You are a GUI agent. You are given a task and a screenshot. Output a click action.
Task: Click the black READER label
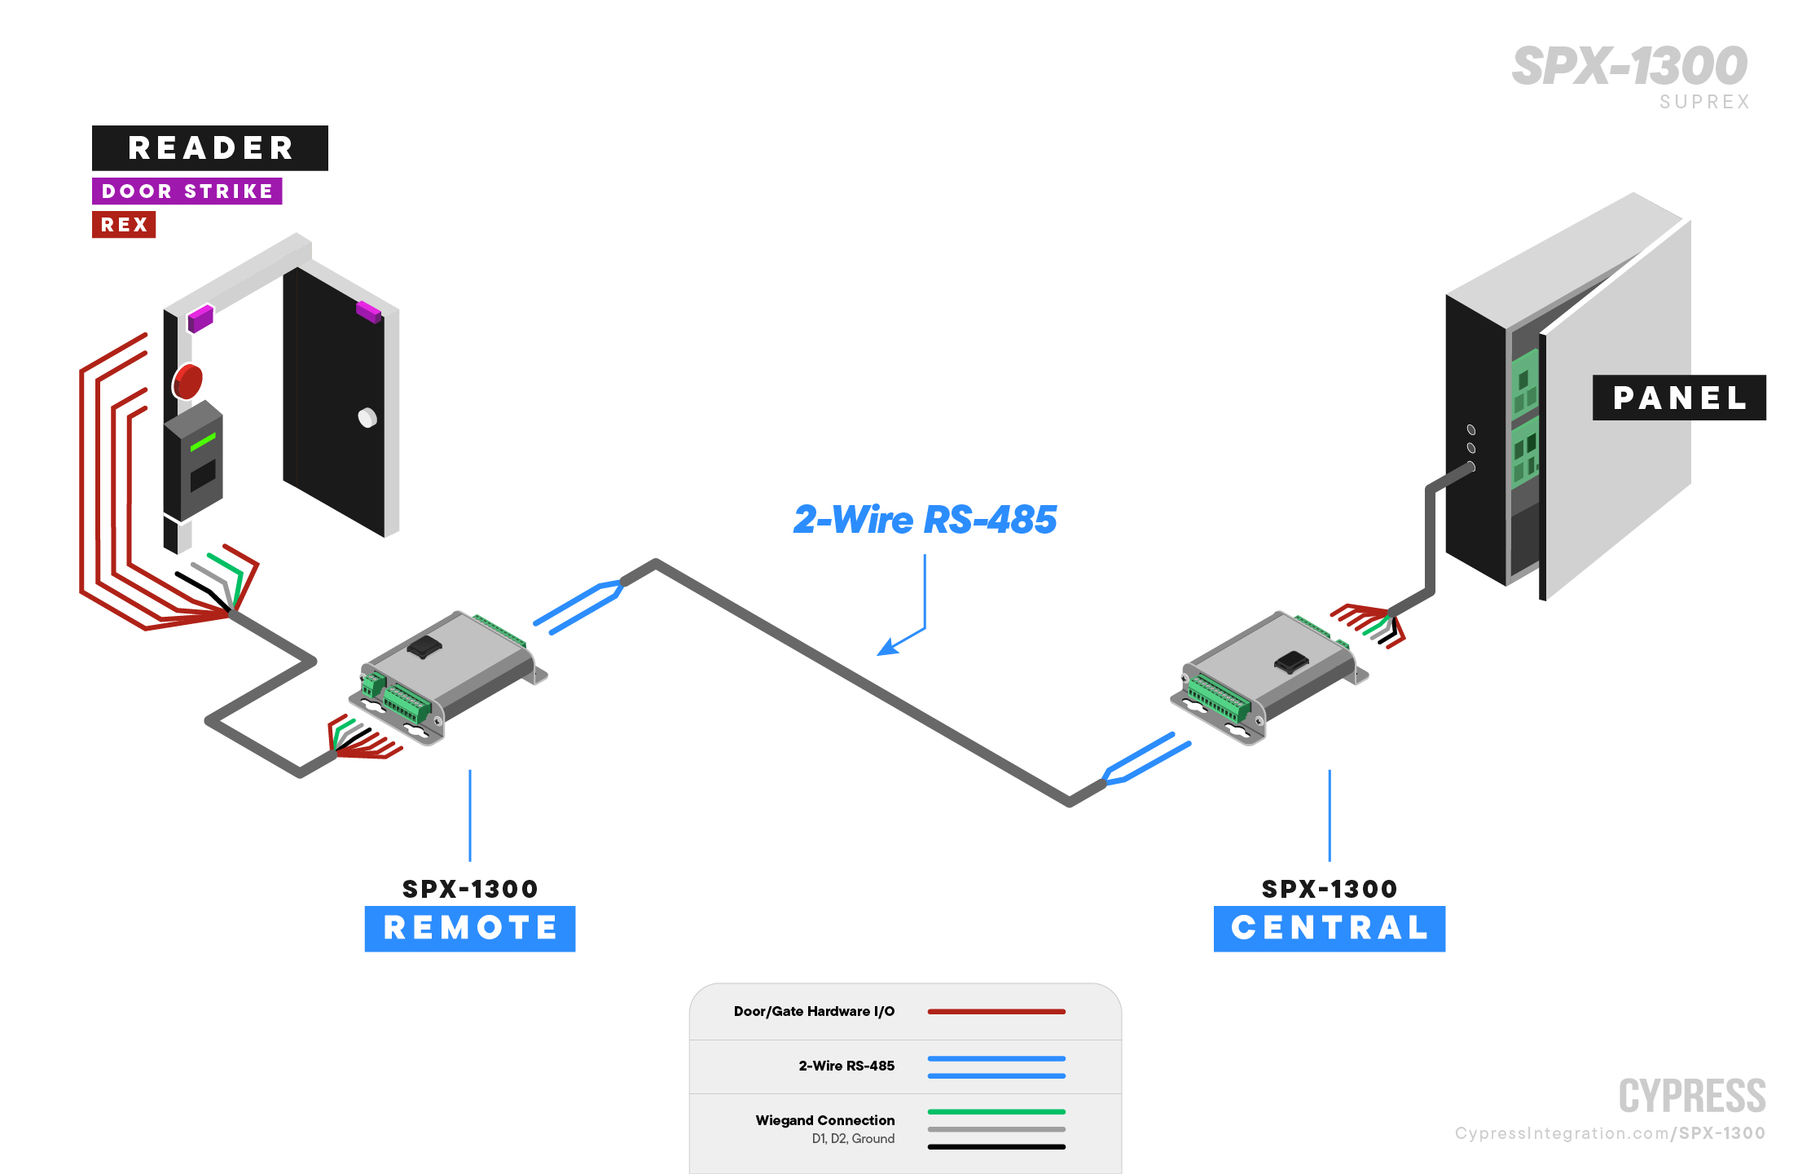[x=210, y=148]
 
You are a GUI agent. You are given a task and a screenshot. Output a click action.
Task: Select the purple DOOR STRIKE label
[x=187, y=191]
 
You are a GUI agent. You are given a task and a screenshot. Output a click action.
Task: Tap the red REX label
[x=124, y=225]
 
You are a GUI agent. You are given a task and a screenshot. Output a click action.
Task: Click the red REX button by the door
[x=187, y=381]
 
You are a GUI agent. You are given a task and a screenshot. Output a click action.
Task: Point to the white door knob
[x=367, y=418]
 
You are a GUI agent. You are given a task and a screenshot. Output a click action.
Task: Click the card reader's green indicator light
[x=203, y=442]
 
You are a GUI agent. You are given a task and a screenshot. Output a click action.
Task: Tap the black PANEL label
[x=1679, y=398]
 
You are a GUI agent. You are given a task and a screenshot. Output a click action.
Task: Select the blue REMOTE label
[x=470, y=928]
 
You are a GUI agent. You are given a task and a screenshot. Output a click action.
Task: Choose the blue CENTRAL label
[x=1329, y=928]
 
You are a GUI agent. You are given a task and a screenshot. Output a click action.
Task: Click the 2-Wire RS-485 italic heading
[x=925, y=520]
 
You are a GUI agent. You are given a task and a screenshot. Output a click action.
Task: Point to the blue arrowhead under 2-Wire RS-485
[x=887, y=648]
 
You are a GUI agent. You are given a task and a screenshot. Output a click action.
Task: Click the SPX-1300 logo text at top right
[x=1629, y=66]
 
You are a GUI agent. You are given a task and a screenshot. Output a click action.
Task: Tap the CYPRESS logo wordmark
[x=1692, y=1096]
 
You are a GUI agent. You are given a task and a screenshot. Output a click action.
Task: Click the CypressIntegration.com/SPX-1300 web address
[x=1610, y=1133]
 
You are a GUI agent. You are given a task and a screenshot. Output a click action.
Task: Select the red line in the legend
[x=996, y=1012]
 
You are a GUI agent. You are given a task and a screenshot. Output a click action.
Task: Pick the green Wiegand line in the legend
[x=996, y=1111]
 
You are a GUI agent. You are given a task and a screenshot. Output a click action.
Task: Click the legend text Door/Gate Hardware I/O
[x=814, y=1012]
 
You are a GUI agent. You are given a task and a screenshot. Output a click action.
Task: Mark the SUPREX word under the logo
[x=1704, y=102]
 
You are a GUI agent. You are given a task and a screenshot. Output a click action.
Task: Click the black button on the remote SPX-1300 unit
[x=424, y=648]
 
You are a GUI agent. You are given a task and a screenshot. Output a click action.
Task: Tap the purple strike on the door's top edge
[x=368, y=310]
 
